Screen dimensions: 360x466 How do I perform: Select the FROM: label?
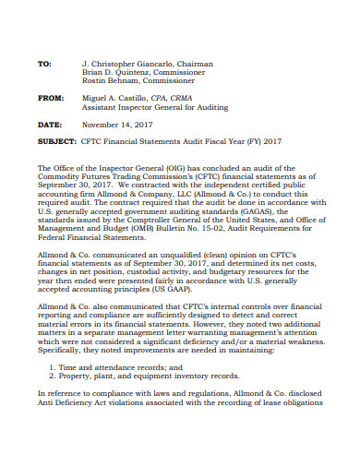(50, 97)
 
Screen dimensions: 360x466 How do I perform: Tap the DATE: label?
(49, 124)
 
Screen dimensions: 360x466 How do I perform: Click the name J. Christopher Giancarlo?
(121, 65)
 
